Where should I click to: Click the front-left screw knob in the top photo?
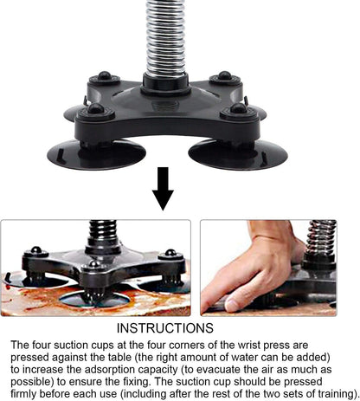[x=94, y=111]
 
